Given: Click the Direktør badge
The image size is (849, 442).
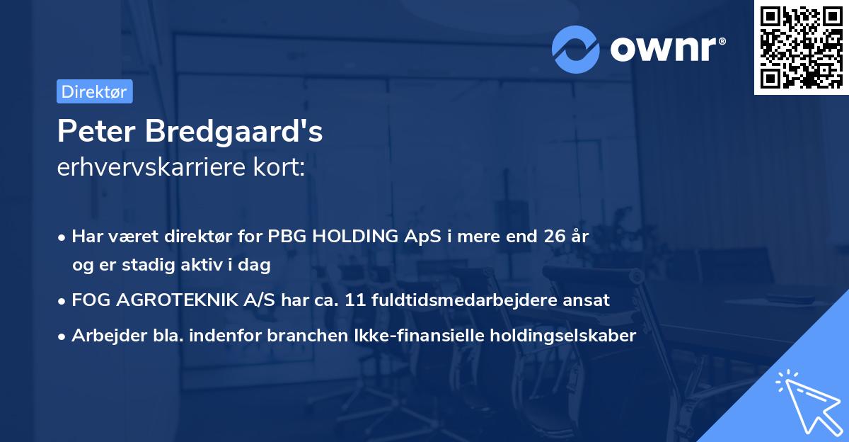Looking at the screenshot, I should [x=94, y=91].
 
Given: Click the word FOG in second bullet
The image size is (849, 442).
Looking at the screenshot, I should [x=87, y=300].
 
